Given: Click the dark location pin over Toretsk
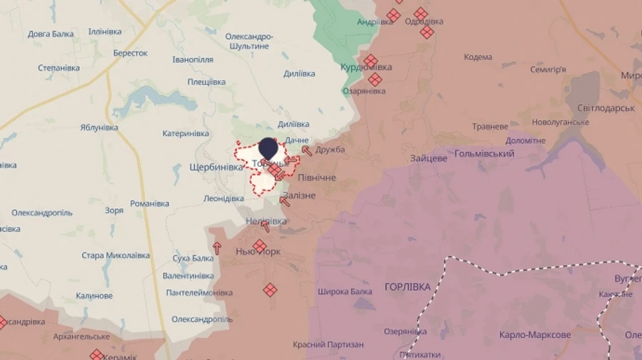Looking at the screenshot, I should pyautogui.click(x=267, y=149).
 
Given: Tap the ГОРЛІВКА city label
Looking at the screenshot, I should pyautogui.click(x=407, y=287).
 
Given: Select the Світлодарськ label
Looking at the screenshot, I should pyautogui.click(x=606, y=107).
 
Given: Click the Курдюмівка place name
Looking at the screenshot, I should pyautogui.click(x=366, y=67).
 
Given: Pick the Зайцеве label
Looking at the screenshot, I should pyautogui.click(x=429, y=158).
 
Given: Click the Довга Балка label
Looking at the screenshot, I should pyautogui.click(x=51, y=34).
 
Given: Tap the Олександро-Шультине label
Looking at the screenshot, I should pyautogui.click(x=249, y=41).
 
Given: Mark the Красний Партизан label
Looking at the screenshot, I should pyautogui.click(x=328, y=345).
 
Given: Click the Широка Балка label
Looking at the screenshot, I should pyautogui.click(x=345, y=292).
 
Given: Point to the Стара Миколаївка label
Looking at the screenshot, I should pyautogui.click(x=116, y=255).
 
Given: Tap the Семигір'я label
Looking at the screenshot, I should pyautogui.click(x=548, y=70).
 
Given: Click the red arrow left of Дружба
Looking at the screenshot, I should pyautogui.click(x=307, y=150).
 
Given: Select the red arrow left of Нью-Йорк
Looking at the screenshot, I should pyautogui.click(x=218, y=249).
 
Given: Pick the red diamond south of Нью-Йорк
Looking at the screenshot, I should pyautogui.click(x=270, y=289).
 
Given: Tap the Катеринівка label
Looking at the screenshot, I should pyautogui.click(x=185, y=133).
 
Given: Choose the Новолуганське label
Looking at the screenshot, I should pyautogui.click(x=560, y=123).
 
